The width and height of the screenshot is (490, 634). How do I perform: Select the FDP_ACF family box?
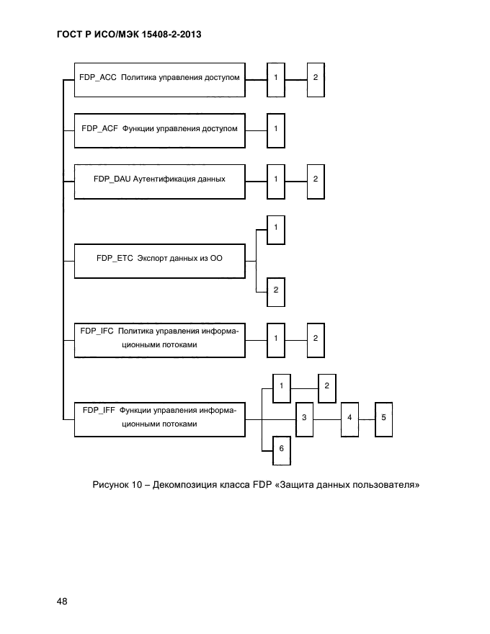coord(159,130)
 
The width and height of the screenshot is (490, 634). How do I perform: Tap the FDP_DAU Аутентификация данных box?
coord(159,180)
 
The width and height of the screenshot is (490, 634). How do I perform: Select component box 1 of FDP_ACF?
coord(275,130)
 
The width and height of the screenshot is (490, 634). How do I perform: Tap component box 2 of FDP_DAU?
coord(315,180)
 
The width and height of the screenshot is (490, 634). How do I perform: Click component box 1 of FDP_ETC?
coord(275,230)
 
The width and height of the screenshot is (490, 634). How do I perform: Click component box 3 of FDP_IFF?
coord(304,419)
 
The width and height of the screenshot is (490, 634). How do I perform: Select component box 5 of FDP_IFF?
coord(383,419)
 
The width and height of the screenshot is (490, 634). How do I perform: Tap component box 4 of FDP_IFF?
coord(349,419)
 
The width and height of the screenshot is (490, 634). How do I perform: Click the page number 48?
coord(61,602)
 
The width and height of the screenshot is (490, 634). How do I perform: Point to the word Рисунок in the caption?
coord(110,485)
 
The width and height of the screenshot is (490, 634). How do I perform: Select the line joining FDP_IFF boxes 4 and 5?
coord(366,419)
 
